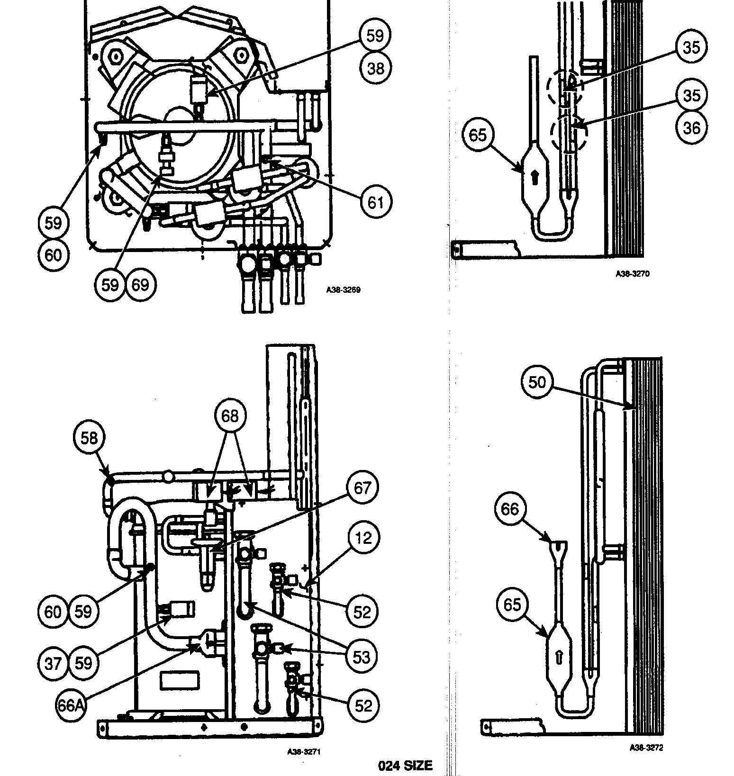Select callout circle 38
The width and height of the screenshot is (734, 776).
[x=376, y=68]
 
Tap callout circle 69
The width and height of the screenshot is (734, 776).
[x=140, y=285]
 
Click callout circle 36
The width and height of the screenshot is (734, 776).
[x=691, y=127]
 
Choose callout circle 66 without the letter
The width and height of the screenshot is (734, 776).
[x=510, y=509]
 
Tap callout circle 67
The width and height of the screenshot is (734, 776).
[x=362, y=487]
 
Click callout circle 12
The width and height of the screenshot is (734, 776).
[x=363, y=538]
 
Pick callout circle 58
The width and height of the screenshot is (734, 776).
[x=89, y=438]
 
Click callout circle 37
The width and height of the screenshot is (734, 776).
[x=53, y=663]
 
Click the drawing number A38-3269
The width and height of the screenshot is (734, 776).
[x=343, y=290]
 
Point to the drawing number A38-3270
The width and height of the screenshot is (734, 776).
[x=633, y=274]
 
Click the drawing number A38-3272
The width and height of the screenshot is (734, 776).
[x=646, y=748]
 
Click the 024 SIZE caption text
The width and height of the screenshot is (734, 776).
[x=405, y=765]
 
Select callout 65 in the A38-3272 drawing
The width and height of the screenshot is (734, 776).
[x=512, y=605]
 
